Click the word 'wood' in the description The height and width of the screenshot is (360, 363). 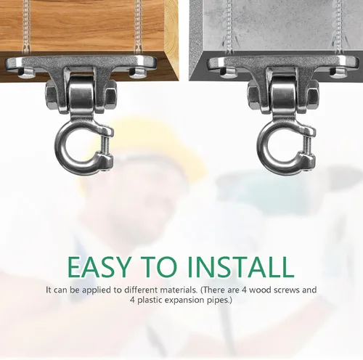258,290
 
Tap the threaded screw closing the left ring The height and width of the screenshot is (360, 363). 107,145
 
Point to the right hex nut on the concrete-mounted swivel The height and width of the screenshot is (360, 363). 313,94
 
